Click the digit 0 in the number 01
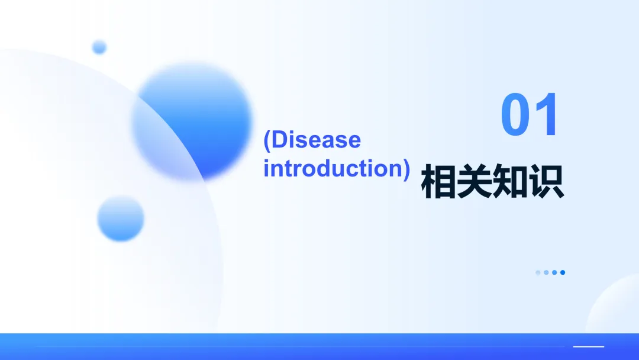pos(515,114)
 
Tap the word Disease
pos(316,140)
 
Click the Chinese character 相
pos(438,181)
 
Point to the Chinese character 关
pos(475,181)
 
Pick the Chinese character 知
pos(510,181)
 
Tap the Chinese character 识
pos(546,181)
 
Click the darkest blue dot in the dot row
pos(563,272)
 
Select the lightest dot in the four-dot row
pos(538,272)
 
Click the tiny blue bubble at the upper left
pos(99,47)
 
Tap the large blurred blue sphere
pos(192,121)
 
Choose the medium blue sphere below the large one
pos(121,218)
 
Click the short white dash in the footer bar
pos(589,346)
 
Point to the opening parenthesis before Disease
pos(267,141)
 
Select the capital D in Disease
pos(278,140)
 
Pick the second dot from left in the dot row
pos(546,272)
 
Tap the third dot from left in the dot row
pos(554,272)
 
